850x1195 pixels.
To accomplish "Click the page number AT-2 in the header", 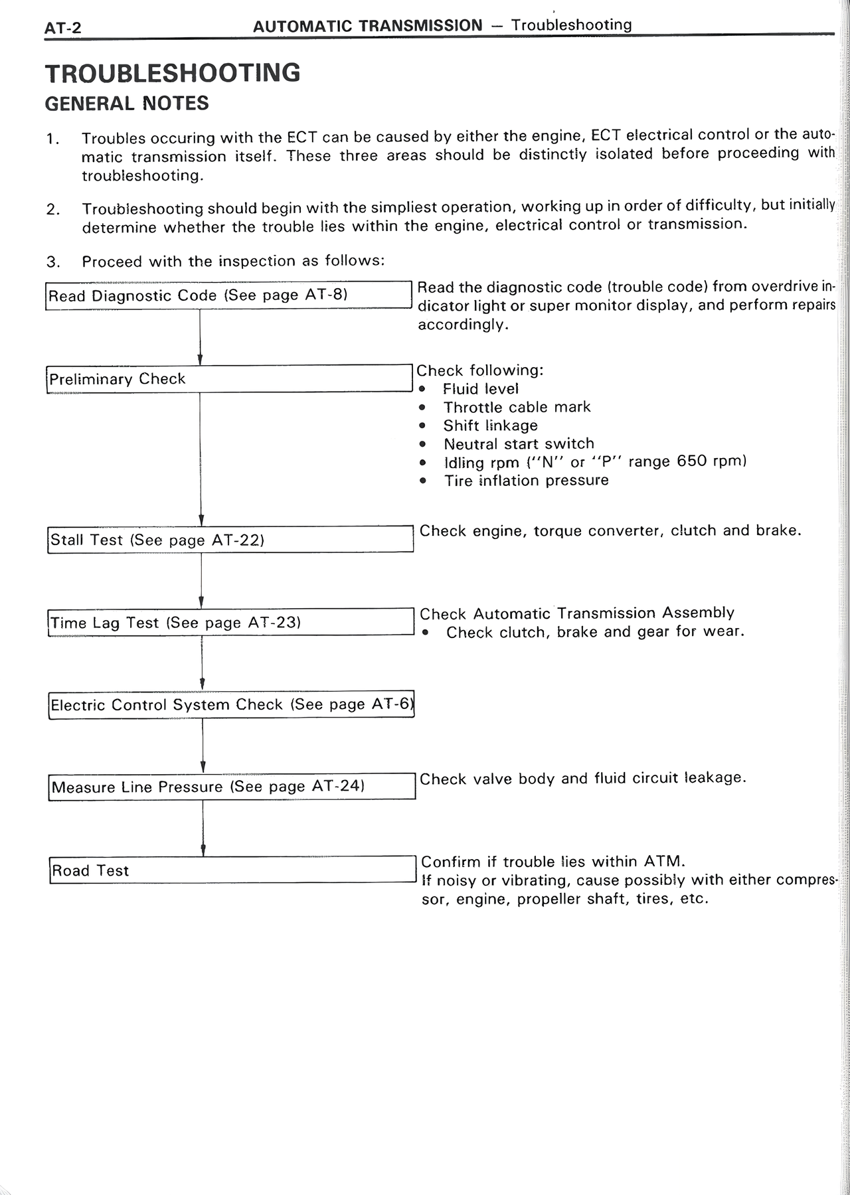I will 62,29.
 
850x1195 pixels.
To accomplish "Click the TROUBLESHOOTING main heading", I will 173,73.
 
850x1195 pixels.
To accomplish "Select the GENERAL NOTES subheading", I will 127,104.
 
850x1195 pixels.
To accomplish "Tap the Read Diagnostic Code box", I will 229,295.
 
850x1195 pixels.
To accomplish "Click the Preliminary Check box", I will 229,378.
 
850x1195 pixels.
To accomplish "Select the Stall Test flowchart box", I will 230,539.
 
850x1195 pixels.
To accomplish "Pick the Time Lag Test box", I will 230,622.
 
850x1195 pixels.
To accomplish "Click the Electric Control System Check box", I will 231,704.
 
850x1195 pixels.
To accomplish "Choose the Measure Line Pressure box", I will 231,787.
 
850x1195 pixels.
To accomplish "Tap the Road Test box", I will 232,870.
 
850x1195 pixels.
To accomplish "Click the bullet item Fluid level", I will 480,389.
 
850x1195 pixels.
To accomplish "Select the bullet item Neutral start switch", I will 519,443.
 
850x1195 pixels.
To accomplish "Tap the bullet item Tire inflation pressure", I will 526,480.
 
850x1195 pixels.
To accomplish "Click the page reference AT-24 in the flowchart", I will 338,786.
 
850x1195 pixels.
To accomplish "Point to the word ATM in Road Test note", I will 663,862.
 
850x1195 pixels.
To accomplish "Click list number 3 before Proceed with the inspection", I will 52,262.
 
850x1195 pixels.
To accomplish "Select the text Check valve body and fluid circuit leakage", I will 582,778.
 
